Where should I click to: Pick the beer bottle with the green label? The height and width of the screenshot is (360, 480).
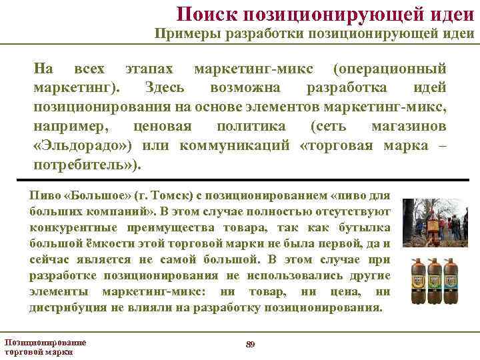click(435, 279)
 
